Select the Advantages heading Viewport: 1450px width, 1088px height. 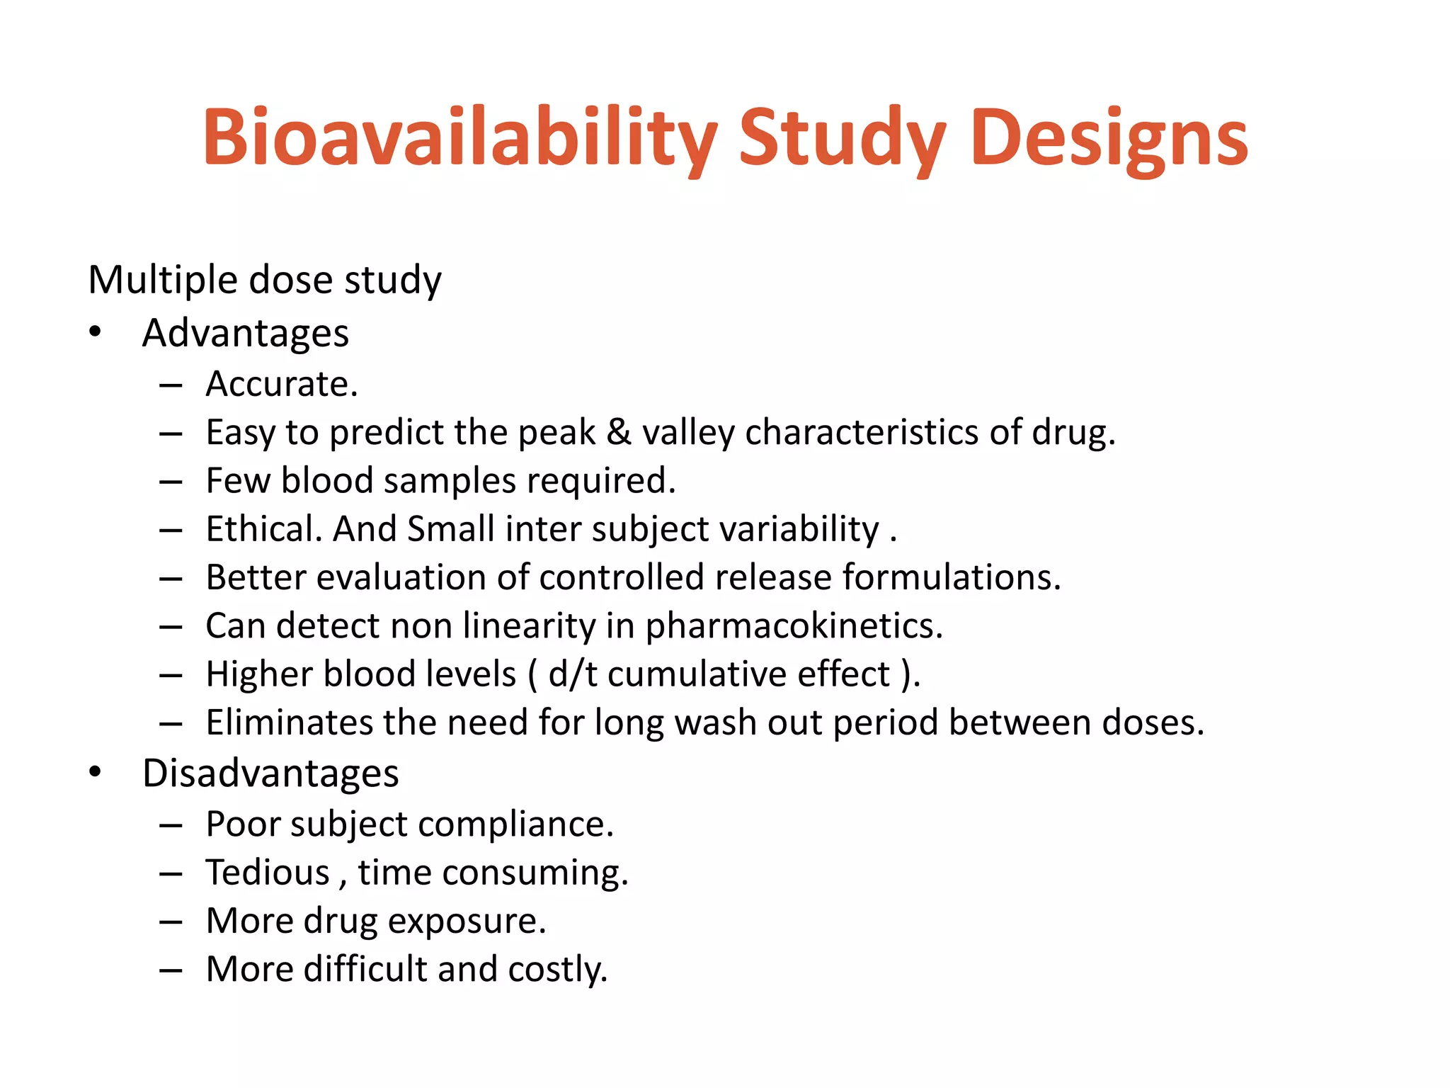[245, 333]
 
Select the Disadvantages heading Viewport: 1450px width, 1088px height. [270, 773]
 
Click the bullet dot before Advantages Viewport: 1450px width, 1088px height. [96, 332]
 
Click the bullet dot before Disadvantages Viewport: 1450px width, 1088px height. [96, 772]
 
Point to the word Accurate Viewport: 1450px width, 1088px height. [281, 384]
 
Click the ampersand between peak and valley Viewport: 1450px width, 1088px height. [619, 431]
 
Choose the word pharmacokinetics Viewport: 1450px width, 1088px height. [794, 626]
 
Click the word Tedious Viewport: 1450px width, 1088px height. [268, 873]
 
